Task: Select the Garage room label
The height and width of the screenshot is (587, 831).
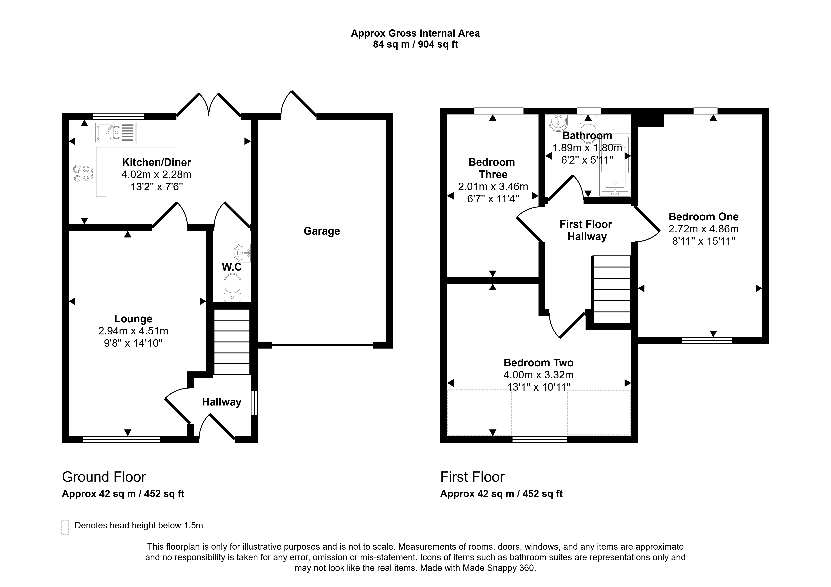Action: [x=322, y=231]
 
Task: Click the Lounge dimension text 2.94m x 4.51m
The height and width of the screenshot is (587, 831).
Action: [x=133, y=331]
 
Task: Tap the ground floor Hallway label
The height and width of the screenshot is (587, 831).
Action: [x=221, y=402]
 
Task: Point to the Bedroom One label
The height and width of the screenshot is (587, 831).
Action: [x=704, y=216]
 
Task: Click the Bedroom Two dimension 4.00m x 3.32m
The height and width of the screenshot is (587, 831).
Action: [x=539, y=375]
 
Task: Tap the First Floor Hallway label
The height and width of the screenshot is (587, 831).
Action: [x=586, y=230]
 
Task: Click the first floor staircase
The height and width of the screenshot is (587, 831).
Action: [x=611, y=289]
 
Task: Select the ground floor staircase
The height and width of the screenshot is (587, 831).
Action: [x=232, y=342]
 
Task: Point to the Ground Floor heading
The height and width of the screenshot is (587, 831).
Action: [x=104, y=477]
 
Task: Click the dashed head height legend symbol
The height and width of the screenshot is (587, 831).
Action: [x=65, y=528]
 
